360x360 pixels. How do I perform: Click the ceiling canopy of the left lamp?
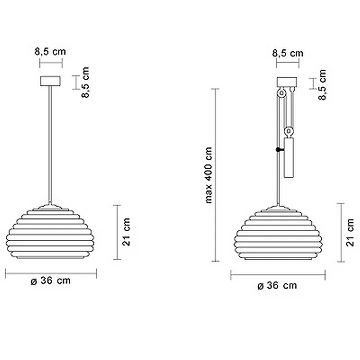[50, 81]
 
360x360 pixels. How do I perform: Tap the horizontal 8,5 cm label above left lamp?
[50, 51]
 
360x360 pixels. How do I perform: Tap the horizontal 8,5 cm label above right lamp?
[287, 53]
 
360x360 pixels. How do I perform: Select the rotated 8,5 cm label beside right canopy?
[322, 84]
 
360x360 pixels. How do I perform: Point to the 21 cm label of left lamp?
[127, 232]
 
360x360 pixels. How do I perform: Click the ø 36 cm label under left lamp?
[50, 281]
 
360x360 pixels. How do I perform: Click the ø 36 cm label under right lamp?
[276, 285]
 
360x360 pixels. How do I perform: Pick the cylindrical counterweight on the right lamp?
[288, 158]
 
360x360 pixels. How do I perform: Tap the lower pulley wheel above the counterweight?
[288, 132]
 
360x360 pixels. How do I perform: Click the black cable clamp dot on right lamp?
[277, 150]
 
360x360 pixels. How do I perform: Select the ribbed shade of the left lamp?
[50, 232]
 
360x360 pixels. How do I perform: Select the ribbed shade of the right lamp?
[277, 233]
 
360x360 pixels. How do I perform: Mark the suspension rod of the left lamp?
[50, 145]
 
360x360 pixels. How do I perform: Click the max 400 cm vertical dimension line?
[216, 175]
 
